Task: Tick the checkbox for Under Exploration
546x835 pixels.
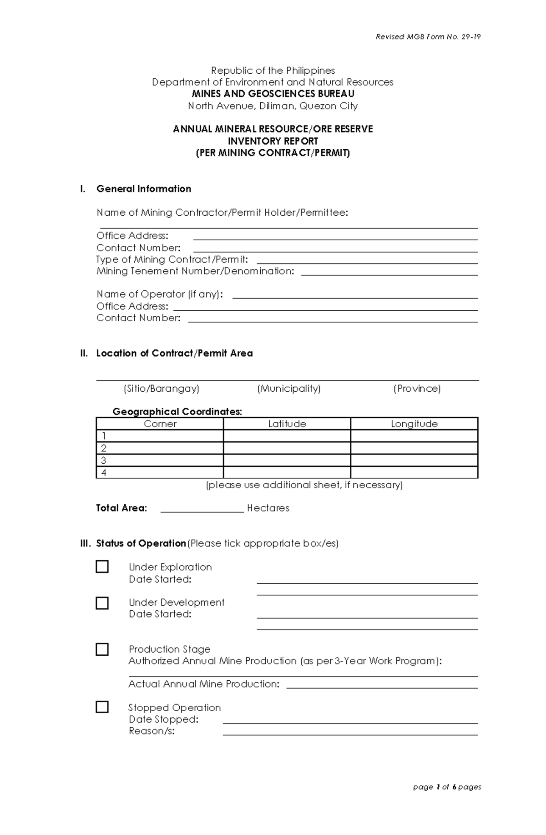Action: (102, 567)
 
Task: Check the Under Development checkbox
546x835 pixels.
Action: (102, 603)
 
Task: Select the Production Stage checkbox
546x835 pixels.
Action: (102, 649)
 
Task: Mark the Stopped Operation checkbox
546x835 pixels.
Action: (102, 707)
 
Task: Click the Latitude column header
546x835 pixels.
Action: (287, 424)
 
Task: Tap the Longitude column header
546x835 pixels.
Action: (414, 424)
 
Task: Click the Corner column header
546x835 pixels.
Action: (160, 424)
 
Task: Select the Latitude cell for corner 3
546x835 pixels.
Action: (287, 460)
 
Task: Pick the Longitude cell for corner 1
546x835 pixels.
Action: (414, 436)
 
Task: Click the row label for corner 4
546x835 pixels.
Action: (104, 472)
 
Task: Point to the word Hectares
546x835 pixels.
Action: (268, 508)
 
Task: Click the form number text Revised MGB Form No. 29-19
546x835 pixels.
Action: (428, 37)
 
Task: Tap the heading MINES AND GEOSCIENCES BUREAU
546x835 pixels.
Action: (273, 94)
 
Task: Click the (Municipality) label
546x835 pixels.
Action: (288, 388)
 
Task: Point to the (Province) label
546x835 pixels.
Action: (417, 388)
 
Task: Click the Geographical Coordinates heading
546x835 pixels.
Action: (177, 411)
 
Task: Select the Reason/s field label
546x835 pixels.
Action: (152, 731)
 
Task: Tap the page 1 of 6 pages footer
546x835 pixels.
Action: (447, 787)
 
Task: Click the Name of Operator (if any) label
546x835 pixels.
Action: (160, 294)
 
